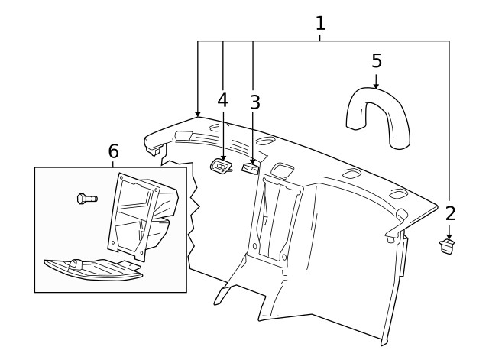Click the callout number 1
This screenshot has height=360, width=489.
point(320,23)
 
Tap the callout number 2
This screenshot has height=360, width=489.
point(450,213)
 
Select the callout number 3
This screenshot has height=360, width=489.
point(255,102)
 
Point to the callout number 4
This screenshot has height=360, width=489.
point(222,100)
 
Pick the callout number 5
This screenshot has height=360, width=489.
point(377,60)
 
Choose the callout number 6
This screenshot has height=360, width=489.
point(113,151)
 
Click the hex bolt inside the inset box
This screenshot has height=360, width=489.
point(86,199)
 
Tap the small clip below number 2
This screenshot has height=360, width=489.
point(447,245)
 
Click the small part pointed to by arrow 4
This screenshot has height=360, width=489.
point(221,166)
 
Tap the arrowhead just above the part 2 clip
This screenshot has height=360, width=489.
point(449,237)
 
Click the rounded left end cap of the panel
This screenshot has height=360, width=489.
point(156,140)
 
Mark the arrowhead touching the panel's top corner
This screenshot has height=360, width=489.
point(198,114)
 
